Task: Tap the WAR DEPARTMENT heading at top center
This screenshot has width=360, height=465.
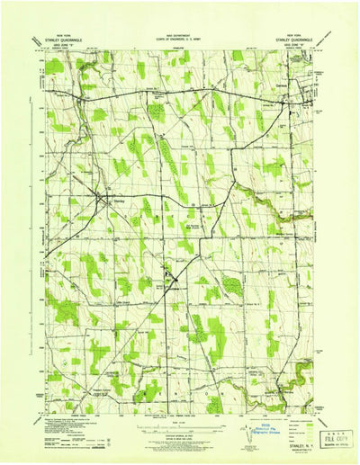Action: pyautogui.click(x=180, y=31)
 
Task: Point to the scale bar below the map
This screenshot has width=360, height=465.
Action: pyautogui.click(x=180, y=423)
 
